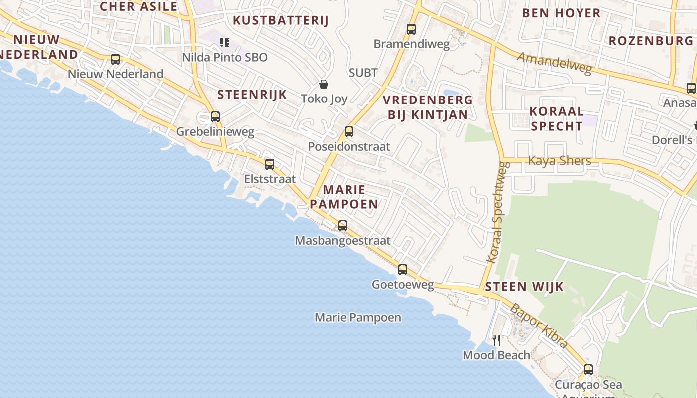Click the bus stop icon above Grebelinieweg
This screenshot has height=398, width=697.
pyautogui.click(x=215, y=117)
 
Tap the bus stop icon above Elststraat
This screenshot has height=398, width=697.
pyautogui.click(x=270, y=164)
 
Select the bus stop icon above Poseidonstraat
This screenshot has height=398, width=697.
pyautogui.click(x=349, y=132)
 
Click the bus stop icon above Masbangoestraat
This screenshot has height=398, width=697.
pyautogui.click(x=343, y=225)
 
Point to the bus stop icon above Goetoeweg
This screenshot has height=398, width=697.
pyautogui.click(x=403, y=270)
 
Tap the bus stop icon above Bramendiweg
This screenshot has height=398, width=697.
pyautogui.click(x=411, y=29)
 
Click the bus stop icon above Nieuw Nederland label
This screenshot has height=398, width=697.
pyautogui.click(x=116, y=59)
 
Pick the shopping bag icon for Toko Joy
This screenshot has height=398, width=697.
pyautogui.click(x=324, y=84)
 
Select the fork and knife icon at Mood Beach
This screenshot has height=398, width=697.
pyautogui.click(x=496, y=340)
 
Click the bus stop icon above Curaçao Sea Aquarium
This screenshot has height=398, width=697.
pyautogui.click(x=588, y=370)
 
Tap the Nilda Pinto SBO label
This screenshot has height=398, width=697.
pyautogui.click(x=225, y=57)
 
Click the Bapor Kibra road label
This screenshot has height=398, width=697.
pyautogui.click(x=539, y=326)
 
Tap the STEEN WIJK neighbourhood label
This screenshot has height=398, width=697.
pyautogui.click(x=524, y=286)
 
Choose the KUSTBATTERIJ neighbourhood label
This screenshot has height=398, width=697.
pyautogui.click(x=281, y=20)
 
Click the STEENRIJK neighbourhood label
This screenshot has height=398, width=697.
pyautogui.click(x=252, y=95)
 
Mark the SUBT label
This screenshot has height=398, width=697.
pyautogui.click(x=363, y=73)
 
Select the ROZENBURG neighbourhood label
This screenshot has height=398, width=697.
pyautogui.click(x=651, y=41)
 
